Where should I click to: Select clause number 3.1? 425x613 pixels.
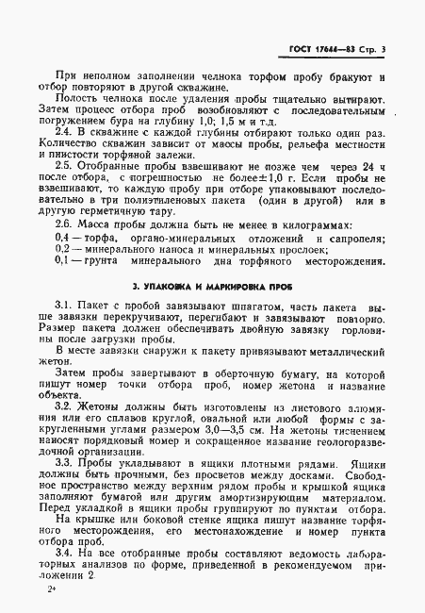[63, 307]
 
